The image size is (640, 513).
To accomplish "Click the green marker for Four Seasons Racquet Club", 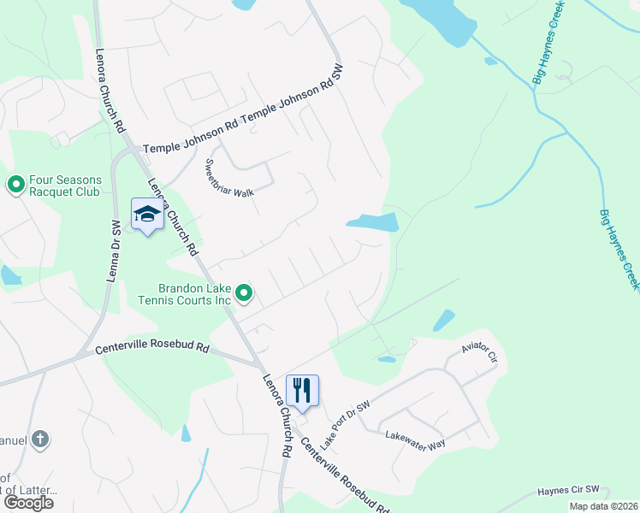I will [x=15, y=185].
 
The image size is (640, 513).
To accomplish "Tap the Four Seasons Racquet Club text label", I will [x=65, y=186].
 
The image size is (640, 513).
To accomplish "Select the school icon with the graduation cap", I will [x=147, y=215].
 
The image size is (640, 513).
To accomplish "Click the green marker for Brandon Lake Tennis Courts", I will [x=244, y=294].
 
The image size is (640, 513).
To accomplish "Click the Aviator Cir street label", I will [x=479, y=352].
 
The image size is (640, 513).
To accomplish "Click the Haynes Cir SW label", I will [x=572, y=491].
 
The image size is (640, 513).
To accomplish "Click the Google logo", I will [x=27, y=503].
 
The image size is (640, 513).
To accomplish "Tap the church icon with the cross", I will [x=39, y=439].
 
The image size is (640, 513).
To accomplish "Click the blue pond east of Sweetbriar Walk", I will [x=374, y=223].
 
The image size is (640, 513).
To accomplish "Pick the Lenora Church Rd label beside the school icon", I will [x=174, y=217].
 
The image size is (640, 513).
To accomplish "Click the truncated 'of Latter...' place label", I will [x=29, y=490].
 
